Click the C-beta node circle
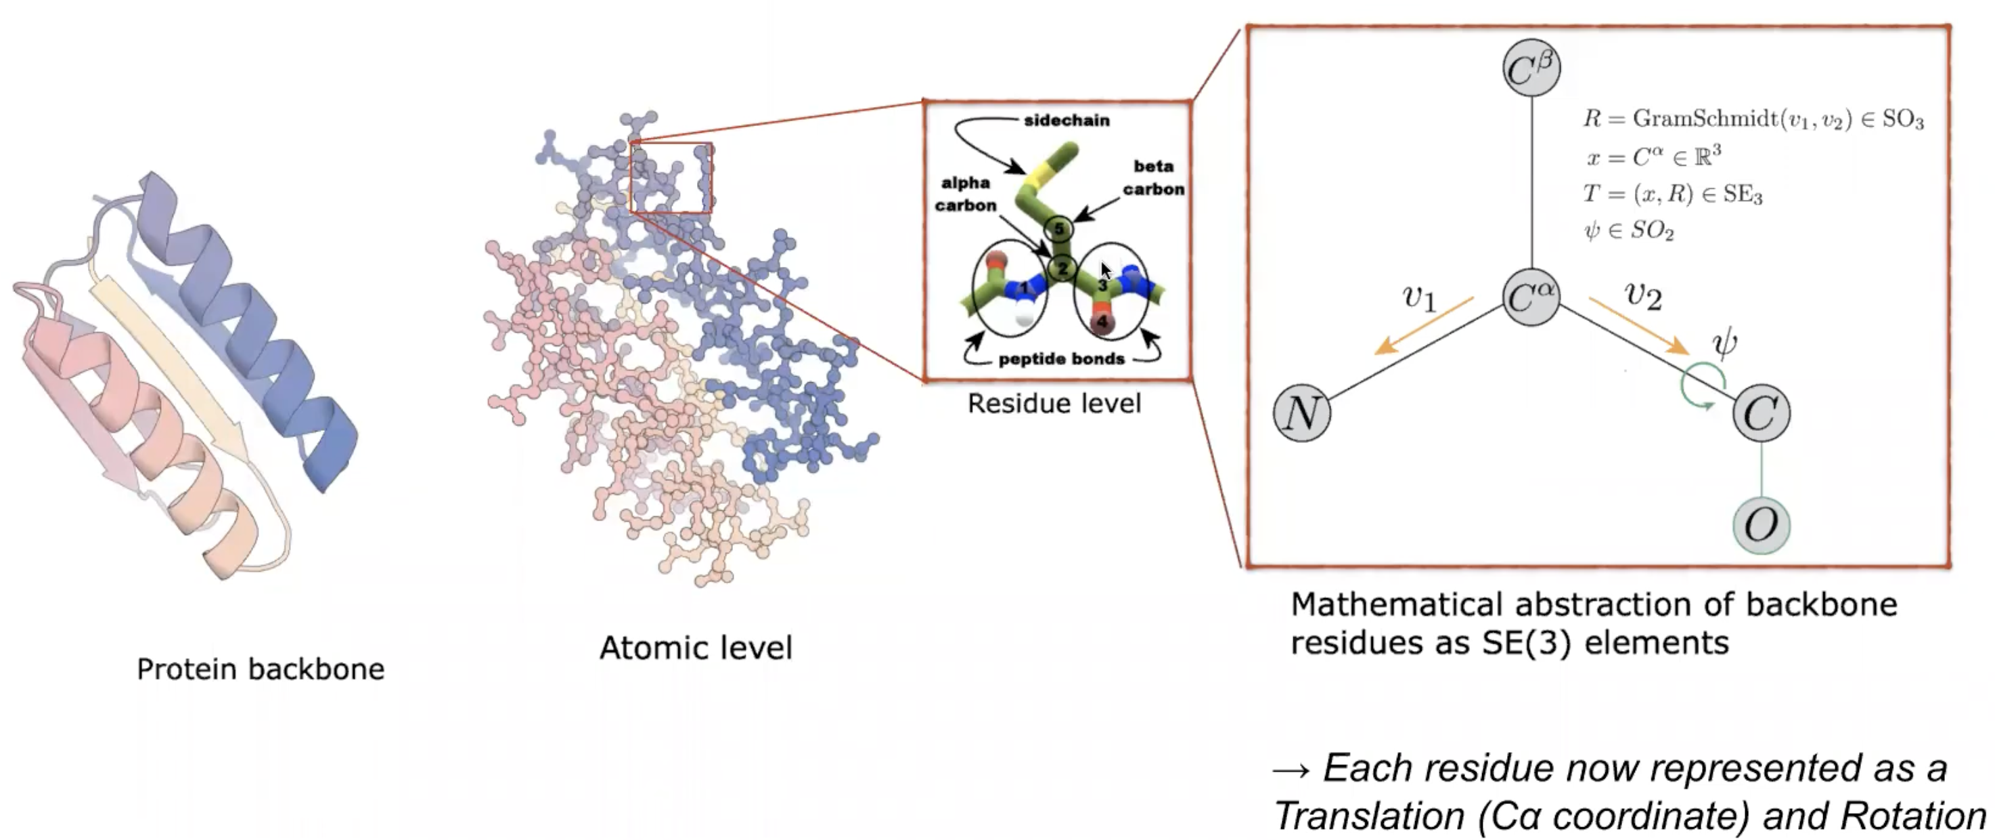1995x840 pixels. [x=1531, y=68]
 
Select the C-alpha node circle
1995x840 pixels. [x=1531, y=297]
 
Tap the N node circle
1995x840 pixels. [x=1302, y=413]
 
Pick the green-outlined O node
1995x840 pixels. [x=1760, y=526]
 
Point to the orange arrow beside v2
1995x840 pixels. [x=1639, y=327]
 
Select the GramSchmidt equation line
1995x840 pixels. [x=1753, y=119]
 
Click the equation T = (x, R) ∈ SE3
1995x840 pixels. [x=1673, y=193]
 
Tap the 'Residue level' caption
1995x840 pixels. [x=1054, y=403]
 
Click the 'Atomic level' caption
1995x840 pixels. [x=696, y=648]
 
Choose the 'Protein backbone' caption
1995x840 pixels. [x=261, y=669]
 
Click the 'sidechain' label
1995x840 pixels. [x=1067, y=120]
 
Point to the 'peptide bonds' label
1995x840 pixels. [x=1061, y=359]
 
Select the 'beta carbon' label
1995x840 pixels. [x=1153, y=177]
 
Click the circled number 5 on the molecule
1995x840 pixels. [x=1058, y=228]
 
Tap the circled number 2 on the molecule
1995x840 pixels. [x=1062, y=268]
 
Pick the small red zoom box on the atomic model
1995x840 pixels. [x=671, y=177]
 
